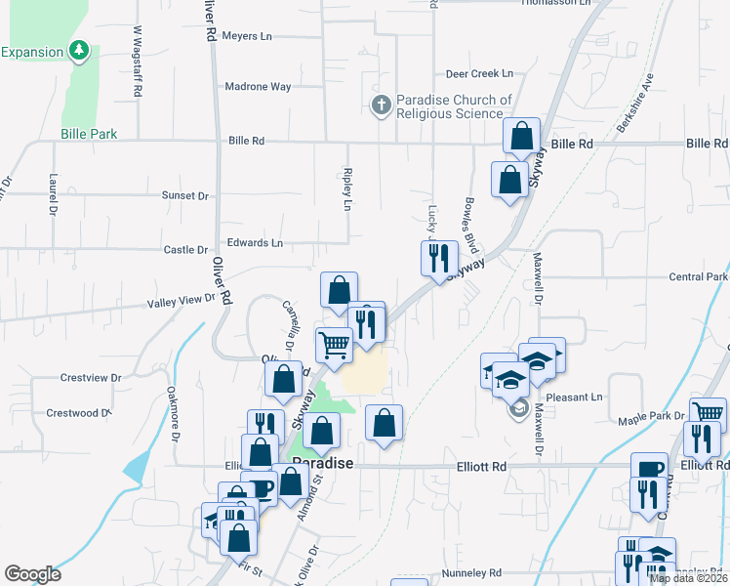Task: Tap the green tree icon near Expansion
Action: (x=79, y=50)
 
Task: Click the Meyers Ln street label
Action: (x=247, y=36)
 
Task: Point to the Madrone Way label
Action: (x=259, y=87)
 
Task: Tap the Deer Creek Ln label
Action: (x=478, y=73)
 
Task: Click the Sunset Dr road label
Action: (x=185, y=195)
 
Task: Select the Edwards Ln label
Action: (x=254, y=242)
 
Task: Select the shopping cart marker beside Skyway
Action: (x=335, y=345)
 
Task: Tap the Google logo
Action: (x=32, y=574)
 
